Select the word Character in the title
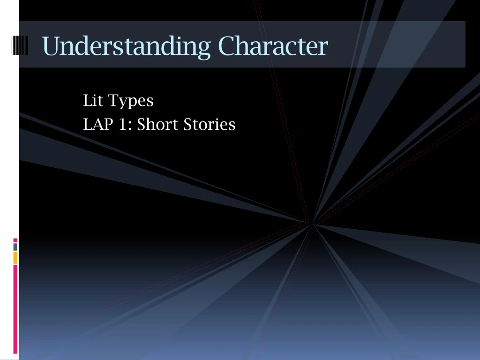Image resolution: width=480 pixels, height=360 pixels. [273, 46]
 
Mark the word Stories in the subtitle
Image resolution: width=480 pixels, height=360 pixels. [210, 125]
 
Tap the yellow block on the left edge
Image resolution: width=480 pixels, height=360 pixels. [15, 257]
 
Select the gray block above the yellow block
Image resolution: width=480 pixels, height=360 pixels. [15, 246]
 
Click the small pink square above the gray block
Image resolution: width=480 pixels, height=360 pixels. [15, 240]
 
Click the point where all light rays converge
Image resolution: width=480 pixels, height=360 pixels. [312, 224]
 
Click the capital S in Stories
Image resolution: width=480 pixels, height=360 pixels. [188, 125]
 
